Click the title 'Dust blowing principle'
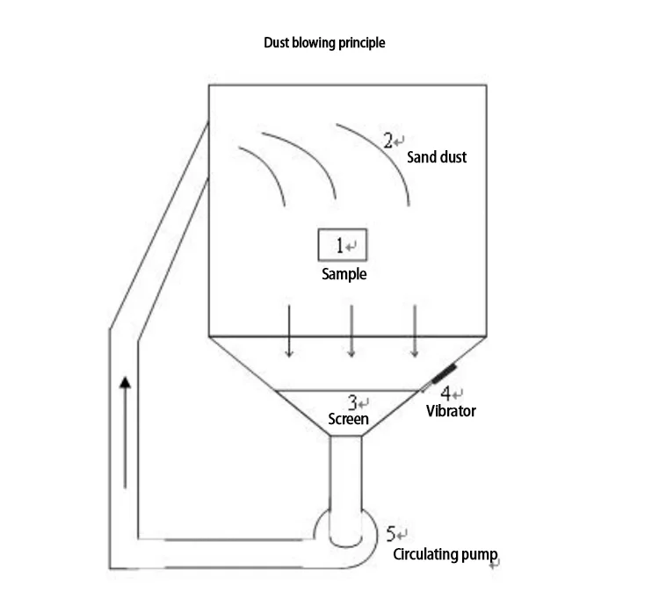324,42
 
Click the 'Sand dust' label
437,157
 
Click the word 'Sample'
344,274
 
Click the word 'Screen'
348,419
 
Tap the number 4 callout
445,393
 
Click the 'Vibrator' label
451,410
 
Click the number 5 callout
394,533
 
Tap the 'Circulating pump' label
445,554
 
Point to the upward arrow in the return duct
127,430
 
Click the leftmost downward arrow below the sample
288,331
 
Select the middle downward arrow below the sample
351,331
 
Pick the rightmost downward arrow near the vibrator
415,331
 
